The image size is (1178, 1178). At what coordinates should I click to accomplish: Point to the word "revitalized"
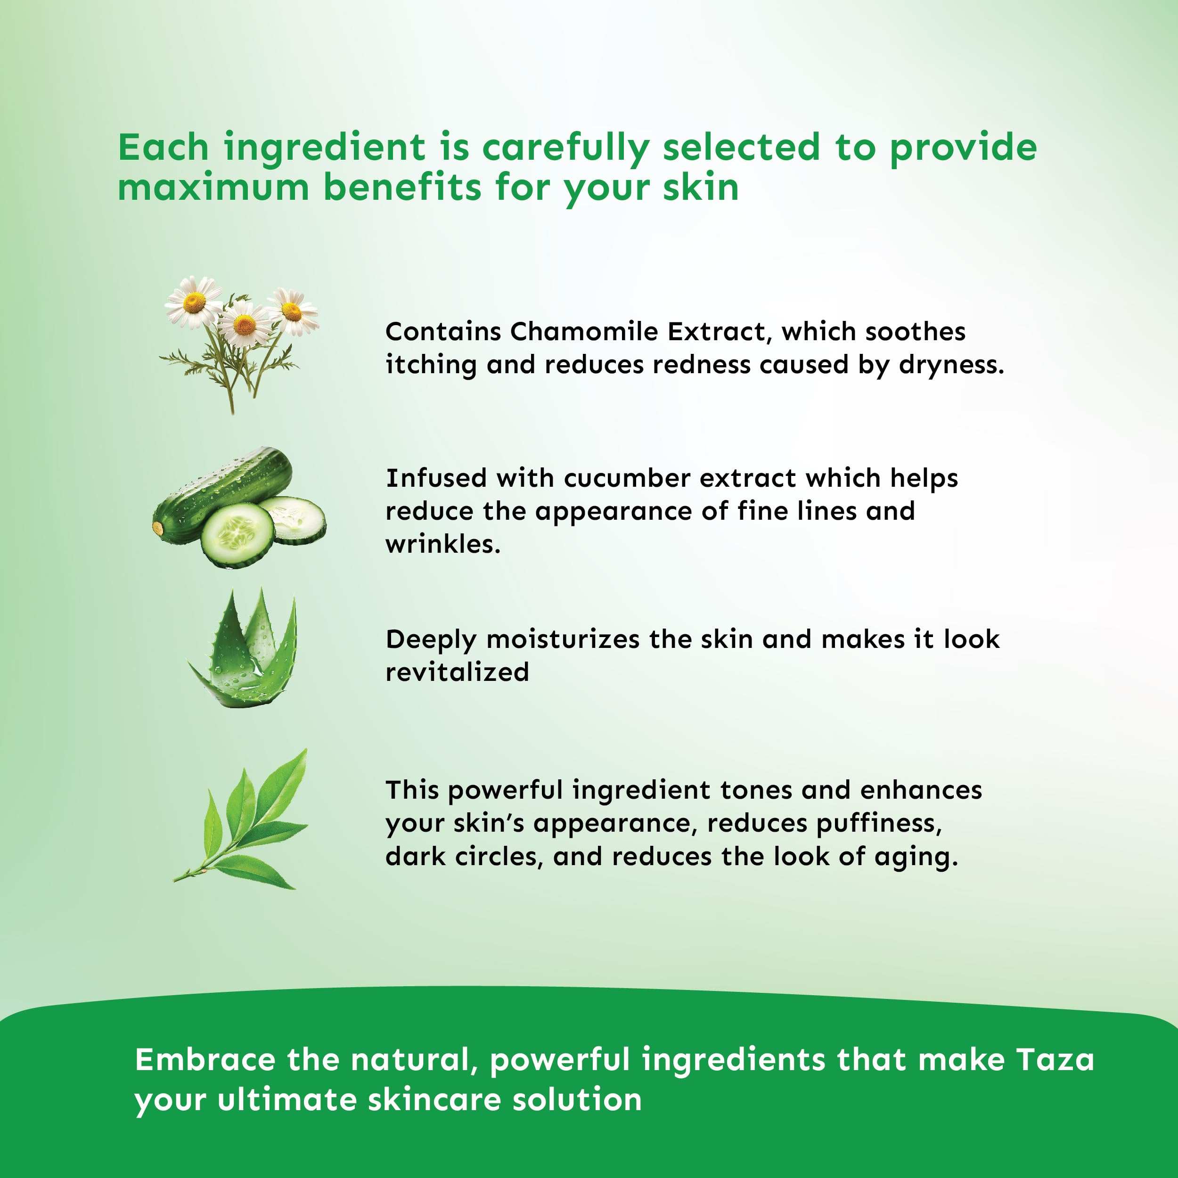click(x=457, y=672)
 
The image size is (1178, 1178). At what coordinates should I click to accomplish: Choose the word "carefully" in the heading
click(x=565, y=148)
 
